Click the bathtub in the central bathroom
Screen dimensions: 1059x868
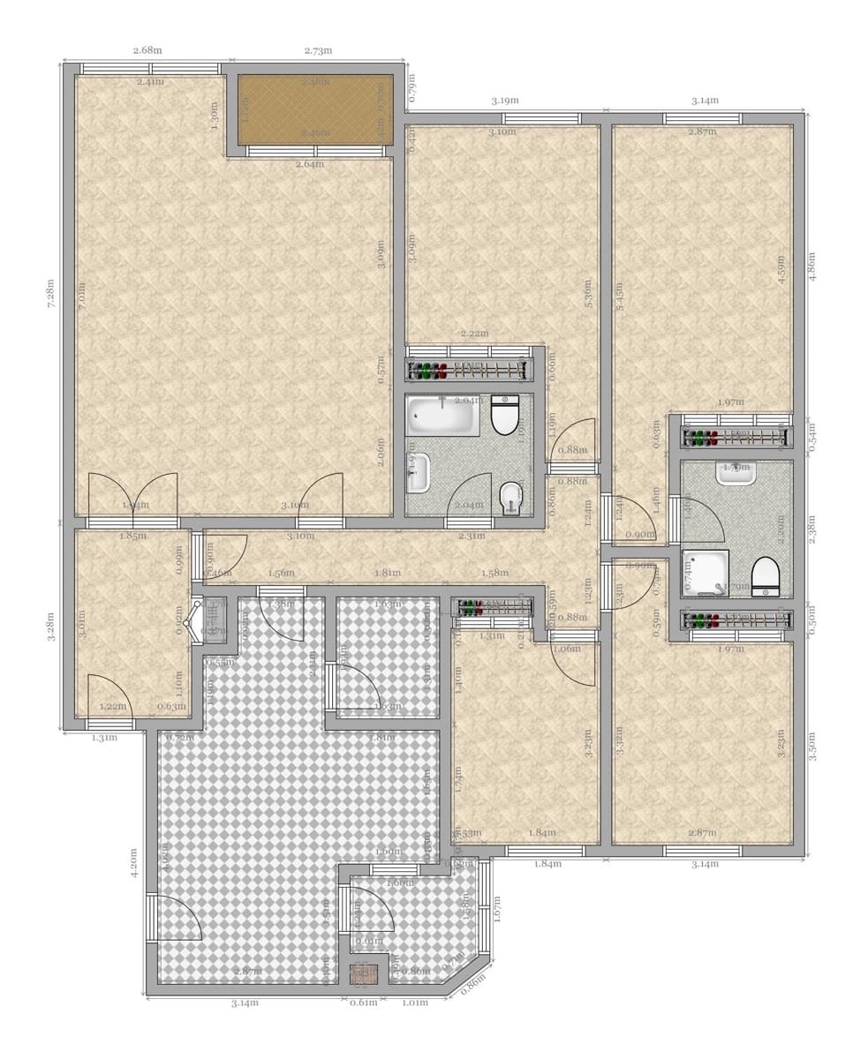click(x=442, y=416)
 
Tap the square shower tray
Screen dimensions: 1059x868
click(x=706, y=572)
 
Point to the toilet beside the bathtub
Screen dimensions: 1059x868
click(x=505, y=416)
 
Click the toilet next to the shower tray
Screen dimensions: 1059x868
click(x=766, y=577)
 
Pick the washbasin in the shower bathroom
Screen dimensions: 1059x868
click(x=736, y=474)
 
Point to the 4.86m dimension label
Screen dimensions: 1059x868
click(x=811, y=267)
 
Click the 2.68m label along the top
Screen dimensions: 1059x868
click(x=147, y=50)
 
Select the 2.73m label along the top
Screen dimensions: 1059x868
click(x=318, y=50)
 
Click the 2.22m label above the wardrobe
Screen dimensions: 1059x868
click(x=474, y=334)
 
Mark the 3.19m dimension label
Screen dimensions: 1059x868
click(x=505, y=101)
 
